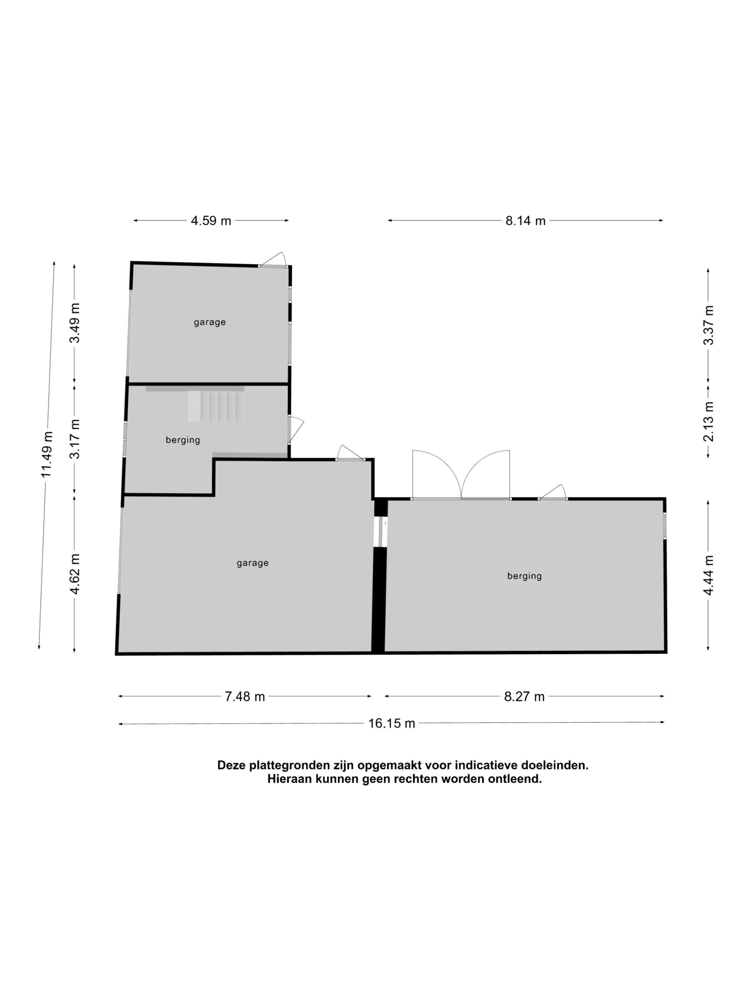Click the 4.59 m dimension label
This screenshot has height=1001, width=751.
point(211,221)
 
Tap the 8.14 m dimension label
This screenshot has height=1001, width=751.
point(525,221)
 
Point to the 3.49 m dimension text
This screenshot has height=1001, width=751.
point(75,323)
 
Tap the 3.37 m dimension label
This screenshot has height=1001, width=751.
point(709,325)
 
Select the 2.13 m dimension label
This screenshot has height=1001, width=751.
point(709,422)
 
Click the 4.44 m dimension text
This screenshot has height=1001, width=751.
point(709,575)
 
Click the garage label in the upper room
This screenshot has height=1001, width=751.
point(210,323)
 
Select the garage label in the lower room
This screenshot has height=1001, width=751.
point(253,563)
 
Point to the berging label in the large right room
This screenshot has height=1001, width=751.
point(525,576)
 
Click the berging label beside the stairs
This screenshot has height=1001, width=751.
point(183,440)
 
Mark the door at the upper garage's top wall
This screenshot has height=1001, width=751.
point(273,260)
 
